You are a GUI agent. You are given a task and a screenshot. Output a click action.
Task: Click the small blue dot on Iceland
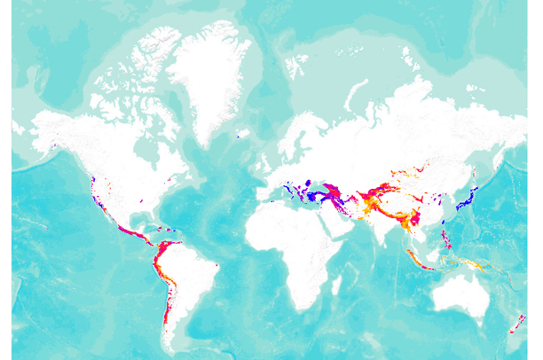click(x=239, y=136)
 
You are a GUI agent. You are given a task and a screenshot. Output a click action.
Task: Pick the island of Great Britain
click(x=264, y=162)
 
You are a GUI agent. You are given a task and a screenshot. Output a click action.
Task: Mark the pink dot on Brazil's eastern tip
click(x=217, y=266)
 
